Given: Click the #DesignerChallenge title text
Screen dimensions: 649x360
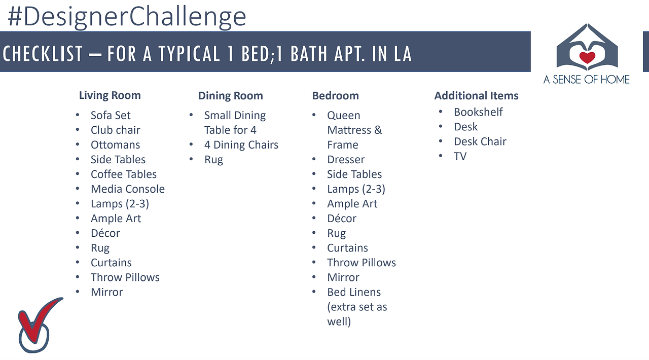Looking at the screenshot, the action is click(127, 17).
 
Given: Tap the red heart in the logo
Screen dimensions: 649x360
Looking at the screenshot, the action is click(587, 57).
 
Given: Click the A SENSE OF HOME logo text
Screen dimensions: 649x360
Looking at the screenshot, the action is click(587, 80).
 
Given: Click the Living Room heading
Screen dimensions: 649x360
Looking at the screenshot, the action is click(110, 95).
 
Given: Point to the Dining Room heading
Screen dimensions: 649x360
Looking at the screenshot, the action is click(230, 96).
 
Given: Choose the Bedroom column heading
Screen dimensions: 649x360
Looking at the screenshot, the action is click(335, 96).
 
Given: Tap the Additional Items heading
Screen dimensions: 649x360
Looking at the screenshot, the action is click(476, 96).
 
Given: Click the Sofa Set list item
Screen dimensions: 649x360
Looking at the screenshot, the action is click(111, 116).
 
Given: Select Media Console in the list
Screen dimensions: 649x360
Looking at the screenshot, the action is click(127, 189).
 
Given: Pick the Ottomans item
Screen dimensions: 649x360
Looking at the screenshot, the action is click(115, 145).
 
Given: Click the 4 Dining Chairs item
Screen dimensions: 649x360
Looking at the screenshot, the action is click(241, 145).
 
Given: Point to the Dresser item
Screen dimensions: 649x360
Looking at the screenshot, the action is click(346, 160).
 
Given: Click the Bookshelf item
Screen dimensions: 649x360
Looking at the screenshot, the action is click(478, 112).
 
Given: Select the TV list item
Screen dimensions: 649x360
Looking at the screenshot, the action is click(460, 156).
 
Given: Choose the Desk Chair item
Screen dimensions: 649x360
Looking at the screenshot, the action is click(480, 141).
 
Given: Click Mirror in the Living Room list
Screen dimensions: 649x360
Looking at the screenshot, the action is click(106, 292).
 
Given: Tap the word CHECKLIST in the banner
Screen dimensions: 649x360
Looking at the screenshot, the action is click(43, 54).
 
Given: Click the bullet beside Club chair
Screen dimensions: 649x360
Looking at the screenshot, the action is click(78, 130).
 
